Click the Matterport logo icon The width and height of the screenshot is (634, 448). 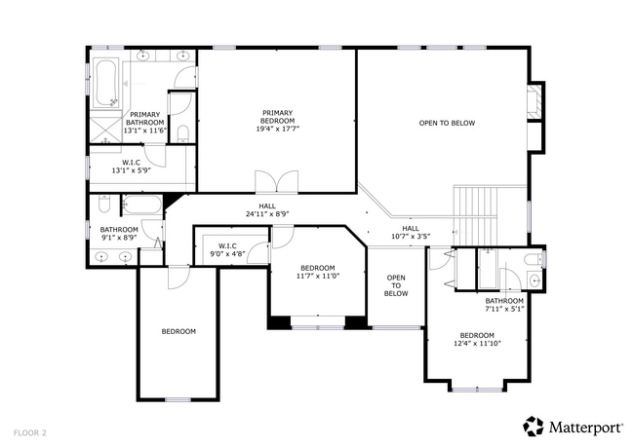pos(534,426)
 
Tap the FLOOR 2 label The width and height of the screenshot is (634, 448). pos(30,430)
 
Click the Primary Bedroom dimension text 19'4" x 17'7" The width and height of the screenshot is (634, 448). pos(278,128)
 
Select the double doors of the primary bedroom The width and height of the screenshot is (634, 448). pos(276,182)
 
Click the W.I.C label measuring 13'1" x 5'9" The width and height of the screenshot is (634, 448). pos(131,166)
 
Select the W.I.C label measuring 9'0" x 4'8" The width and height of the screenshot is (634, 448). pos(227,249)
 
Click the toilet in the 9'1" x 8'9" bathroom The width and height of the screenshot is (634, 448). pos(104,205)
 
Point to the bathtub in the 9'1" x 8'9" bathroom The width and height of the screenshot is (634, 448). pos(142,205)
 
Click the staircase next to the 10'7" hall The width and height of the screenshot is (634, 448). pos(477,210)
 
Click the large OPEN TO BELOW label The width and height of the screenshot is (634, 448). pos(447,123)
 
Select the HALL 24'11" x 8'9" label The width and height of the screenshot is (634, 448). pos(266,209)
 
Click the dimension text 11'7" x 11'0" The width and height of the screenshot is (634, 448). pos(318,276)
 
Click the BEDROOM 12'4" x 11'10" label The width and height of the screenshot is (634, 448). pos(477,339)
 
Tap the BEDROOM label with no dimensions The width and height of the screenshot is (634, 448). pos(178,331)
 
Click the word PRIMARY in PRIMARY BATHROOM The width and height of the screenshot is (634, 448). pos(145,114)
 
